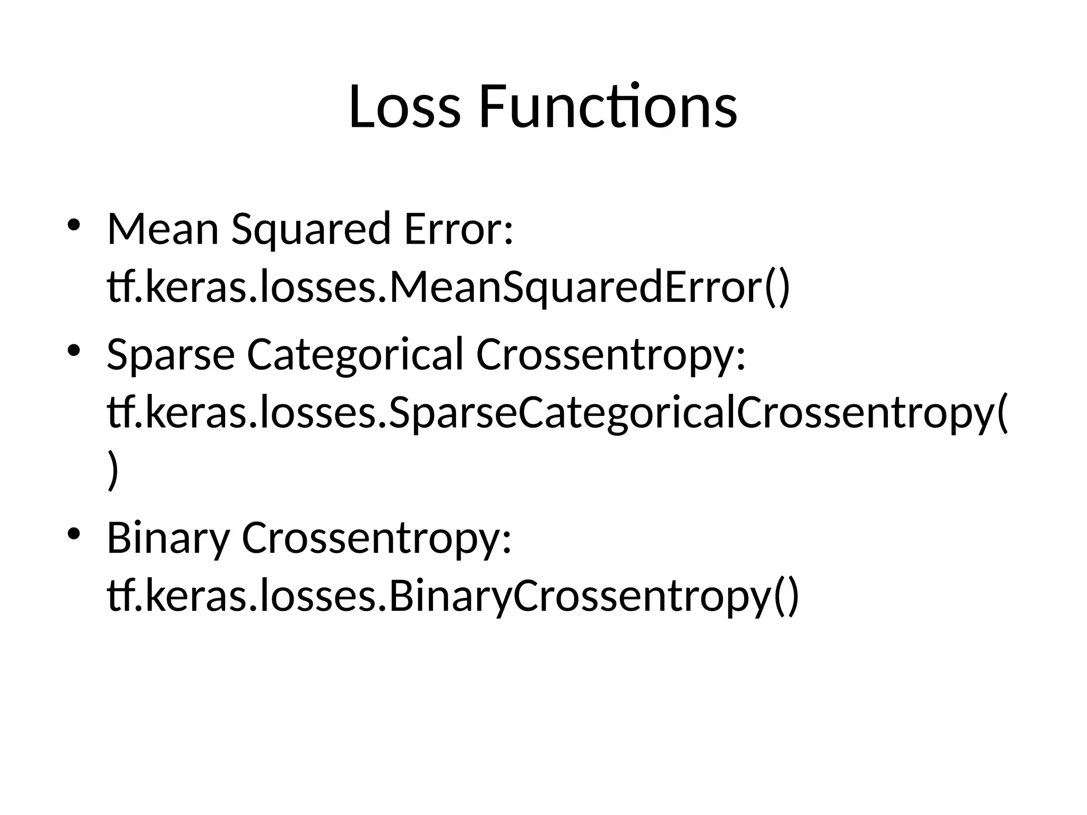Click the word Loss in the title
404,107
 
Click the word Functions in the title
608,107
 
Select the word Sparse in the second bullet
170,354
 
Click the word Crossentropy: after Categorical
611,354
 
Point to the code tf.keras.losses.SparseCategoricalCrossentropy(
557,413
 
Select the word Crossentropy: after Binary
376,538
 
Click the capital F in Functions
491,107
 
